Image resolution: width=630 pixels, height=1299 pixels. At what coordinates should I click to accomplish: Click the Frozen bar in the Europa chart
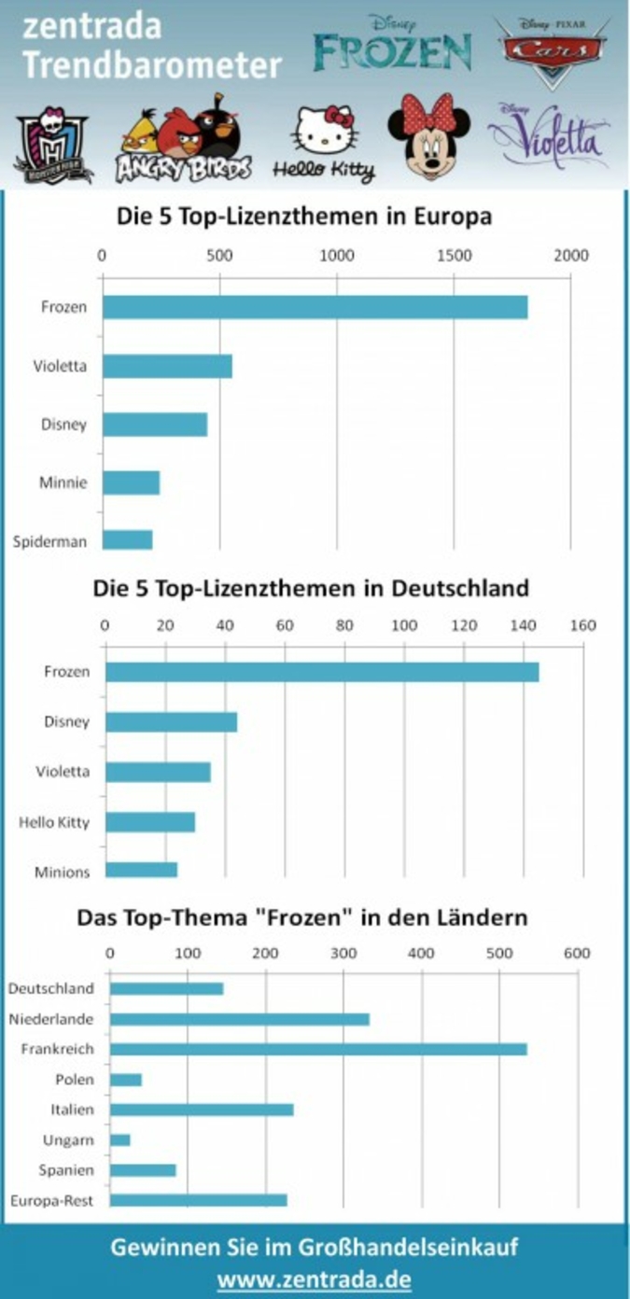tap(315, 307)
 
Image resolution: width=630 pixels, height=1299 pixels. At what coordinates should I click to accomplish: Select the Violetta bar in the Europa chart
tap(167, 366)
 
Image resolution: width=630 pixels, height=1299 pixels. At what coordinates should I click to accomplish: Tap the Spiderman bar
tap(127, 540)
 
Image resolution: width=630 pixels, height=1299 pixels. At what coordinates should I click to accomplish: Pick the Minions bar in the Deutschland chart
tap(141, 871)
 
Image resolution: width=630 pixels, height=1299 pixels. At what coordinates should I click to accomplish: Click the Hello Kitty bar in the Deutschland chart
tap(150, 822)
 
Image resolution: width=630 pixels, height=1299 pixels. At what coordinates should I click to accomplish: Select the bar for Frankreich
tap(318, 1049)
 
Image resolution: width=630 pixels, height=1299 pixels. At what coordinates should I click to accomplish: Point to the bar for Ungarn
tap(120, 1139)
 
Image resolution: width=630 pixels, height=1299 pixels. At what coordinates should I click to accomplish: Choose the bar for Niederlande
tap(240, 1019)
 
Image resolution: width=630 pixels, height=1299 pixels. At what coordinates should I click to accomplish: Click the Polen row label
tap(74, 1080)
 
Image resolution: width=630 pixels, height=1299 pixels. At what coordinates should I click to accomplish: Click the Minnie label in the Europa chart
tap(63, 483)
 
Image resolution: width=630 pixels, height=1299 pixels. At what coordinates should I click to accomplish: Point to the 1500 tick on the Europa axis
tap(454, 256)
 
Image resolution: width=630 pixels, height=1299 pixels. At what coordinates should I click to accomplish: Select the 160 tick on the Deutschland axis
tap(582, 624)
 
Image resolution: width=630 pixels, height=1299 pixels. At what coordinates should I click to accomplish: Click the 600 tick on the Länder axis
tap(576, 953)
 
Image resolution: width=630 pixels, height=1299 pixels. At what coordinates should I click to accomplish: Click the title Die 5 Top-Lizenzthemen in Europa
tap(304, 216)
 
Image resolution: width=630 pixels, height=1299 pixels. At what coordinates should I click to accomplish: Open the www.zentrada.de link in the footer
tap(314, 1278)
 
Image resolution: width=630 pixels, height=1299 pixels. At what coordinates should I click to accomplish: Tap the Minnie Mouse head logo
tap(429, 136)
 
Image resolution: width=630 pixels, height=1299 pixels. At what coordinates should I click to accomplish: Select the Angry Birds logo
tap(184, 140)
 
